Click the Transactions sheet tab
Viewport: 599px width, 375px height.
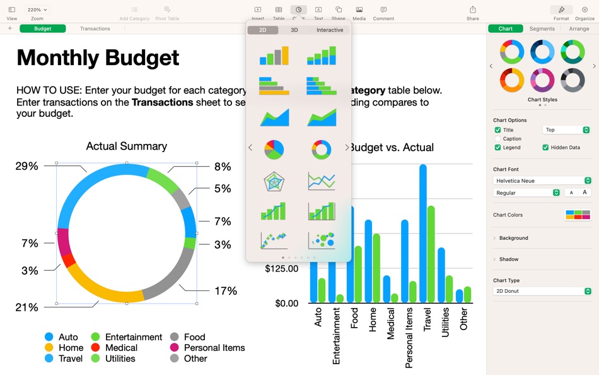coord(95,28)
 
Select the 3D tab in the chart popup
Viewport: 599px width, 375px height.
coord(294,30)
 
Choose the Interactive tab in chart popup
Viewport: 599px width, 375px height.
coord(330,30)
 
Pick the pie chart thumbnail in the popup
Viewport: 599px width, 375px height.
coord(274,150)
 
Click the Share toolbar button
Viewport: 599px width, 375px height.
coord(472,13)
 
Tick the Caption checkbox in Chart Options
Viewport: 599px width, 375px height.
coord(498,139)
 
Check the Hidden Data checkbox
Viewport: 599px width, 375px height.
coord(545,148)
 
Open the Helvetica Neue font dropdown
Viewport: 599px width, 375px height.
coord(542,181)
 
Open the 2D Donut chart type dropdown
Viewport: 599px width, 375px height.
coord(542,292)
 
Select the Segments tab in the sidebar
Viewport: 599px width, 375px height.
coord(542,28)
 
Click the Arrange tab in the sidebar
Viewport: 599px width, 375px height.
coord(579,28)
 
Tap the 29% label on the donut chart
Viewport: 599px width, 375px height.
coord(27,166)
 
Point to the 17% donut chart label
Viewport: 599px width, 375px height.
coord(226,291)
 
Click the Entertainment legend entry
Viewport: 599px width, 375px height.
coord(133,337)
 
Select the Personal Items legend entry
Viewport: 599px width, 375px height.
coord(214,348)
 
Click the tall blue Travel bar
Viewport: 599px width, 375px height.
coord(423,234)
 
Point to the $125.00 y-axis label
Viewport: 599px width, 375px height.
coord(281,269)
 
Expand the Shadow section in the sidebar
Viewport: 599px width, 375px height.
coord(508,259)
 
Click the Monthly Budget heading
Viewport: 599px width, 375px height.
coord(98,58)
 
